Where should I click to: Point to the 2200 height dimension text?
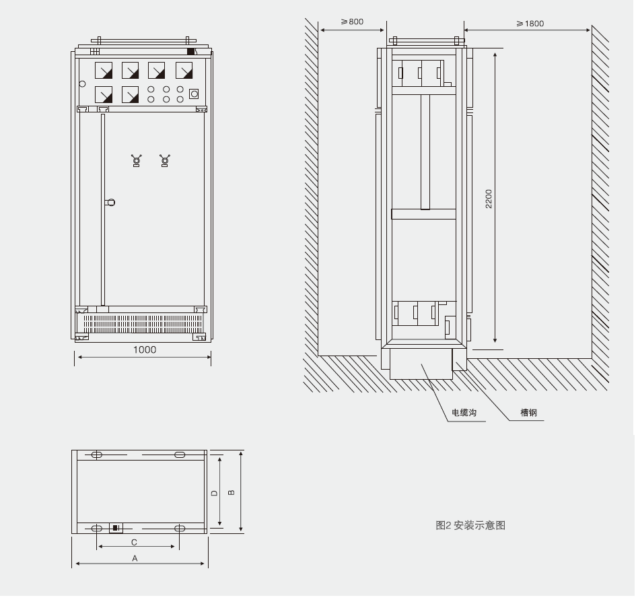pos(489,199)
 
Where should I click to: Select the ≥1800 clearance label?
pos(530,23)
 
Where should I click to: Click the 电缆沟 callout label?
pos(464,413)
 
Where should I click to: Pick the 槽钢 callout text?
pos(528,413)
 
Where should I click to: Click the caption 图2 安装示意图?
pos(470,525)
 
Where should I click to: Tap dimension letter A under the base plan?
pos(135,558)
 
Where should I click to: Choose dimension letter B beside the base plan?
pos(232,492)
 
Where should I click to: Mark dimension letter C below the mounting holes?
pos(134,541)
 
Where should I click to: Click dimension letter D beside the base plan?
pos(214,493)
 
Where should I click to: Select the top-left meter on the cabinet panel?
pos(103,71)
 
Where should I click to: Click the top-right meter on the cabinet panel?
pos(184,71)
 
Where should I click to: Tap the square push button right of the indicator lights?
pos(194,94)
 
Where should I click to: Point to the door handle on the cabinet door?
pos(111,201)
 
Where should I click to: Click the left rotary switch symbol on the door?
pos(137,160)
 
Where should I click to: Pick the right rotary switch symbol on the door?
pos(165,160)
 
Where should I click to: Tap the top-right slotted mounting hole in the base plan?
pos(180,455)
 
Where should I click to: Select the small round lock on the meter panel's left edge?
pos(82,84)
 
